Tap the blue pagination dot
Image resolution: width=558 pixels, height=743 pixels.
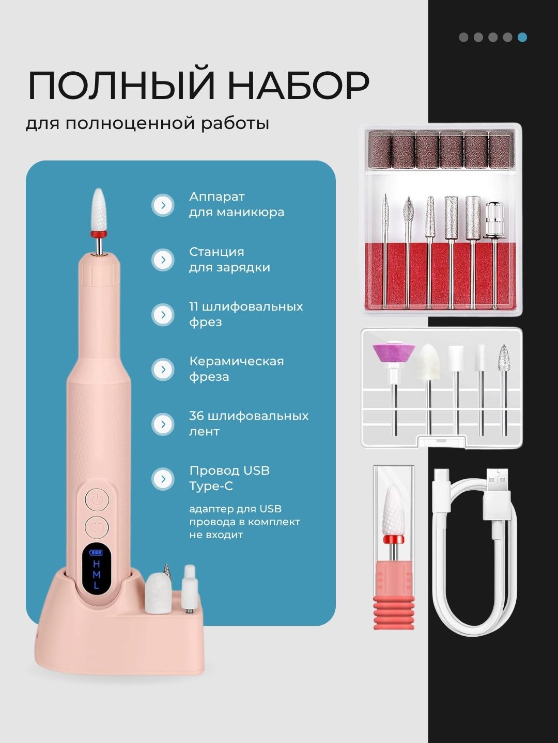point(522,37)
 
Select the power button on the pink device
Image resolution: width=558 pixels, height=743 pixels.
point(97,499)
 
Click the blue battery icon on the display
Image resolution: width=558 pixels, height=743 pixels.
point(96,553)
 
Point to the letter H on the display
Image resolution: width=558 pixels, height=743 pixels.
point(96,564)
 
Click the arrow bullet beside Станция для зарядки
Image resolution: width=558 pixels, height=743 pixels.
point(163,260)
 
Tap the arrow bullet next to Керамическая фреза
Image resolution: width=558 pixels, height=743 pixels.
point(163,369)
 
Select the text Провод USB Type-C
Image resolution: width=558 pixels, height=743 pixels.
point(229,478)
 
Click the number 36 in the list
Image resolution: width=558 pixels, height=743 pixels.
point(196,416)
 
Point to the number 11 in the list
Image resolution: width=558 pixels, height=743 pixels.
point(193,306)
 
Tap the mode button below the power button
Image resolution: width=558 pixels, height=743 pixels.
point(97,527)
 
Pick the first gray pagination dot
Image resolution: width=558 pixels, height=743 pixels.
point(463,37)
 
